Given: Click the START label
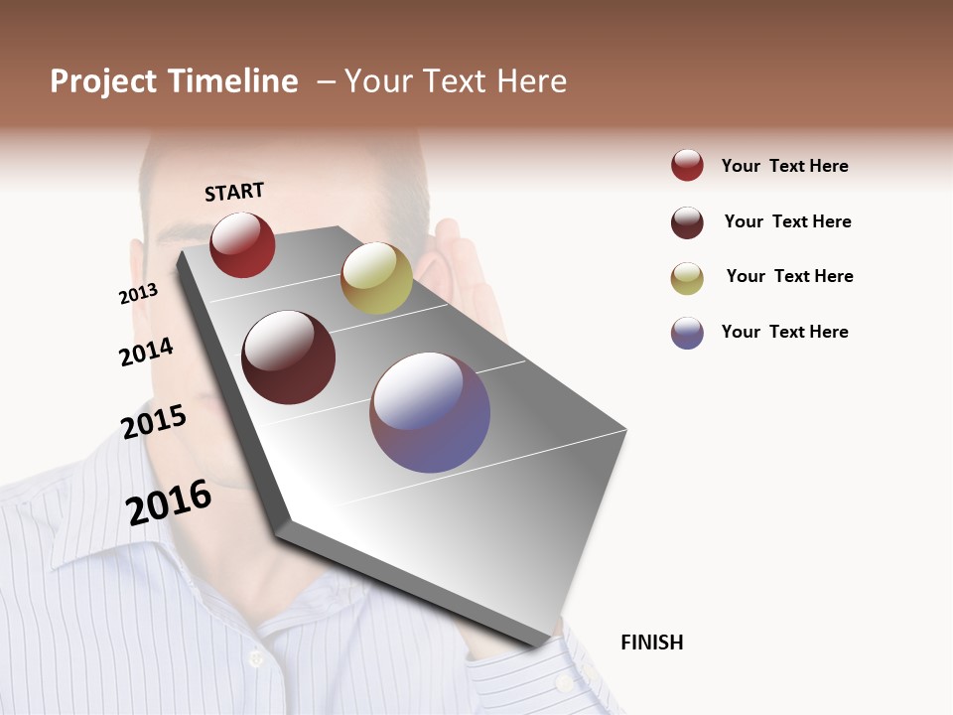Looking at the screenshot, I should [234, 192].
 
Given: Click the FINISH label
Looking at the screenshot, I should [651, 643].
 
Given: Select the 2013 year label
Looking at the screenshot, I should [138, 293].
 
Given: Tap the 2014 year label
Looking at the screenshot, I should [146, 352].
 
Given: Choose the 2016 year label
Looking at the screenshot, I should [169, 501].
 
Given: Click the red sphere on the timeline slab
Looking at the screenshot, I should [242, 244].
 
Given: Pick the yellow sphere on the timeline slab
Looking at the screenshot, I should [376, 278].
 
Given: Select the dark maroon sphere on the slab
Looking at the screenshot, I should [289, 357].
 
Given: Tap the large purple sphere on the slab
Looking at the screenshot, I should [430, 412].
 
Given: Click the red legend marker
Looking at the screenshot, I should [687, 166].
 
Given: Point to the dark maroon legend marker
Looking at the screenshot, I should [687, 222].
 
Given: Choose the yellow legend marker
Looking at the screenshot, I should [687, 278].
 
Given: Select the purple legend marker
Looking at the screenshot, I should [687, 333].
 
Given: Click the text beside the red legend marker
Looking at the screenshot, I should [784, 166].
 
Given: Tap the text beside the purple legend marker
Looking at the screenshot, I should [784, 332].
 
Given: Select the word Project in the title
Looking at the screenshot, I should [102, 81].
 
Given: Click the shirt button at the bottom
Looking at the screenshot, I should [255, 657].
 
